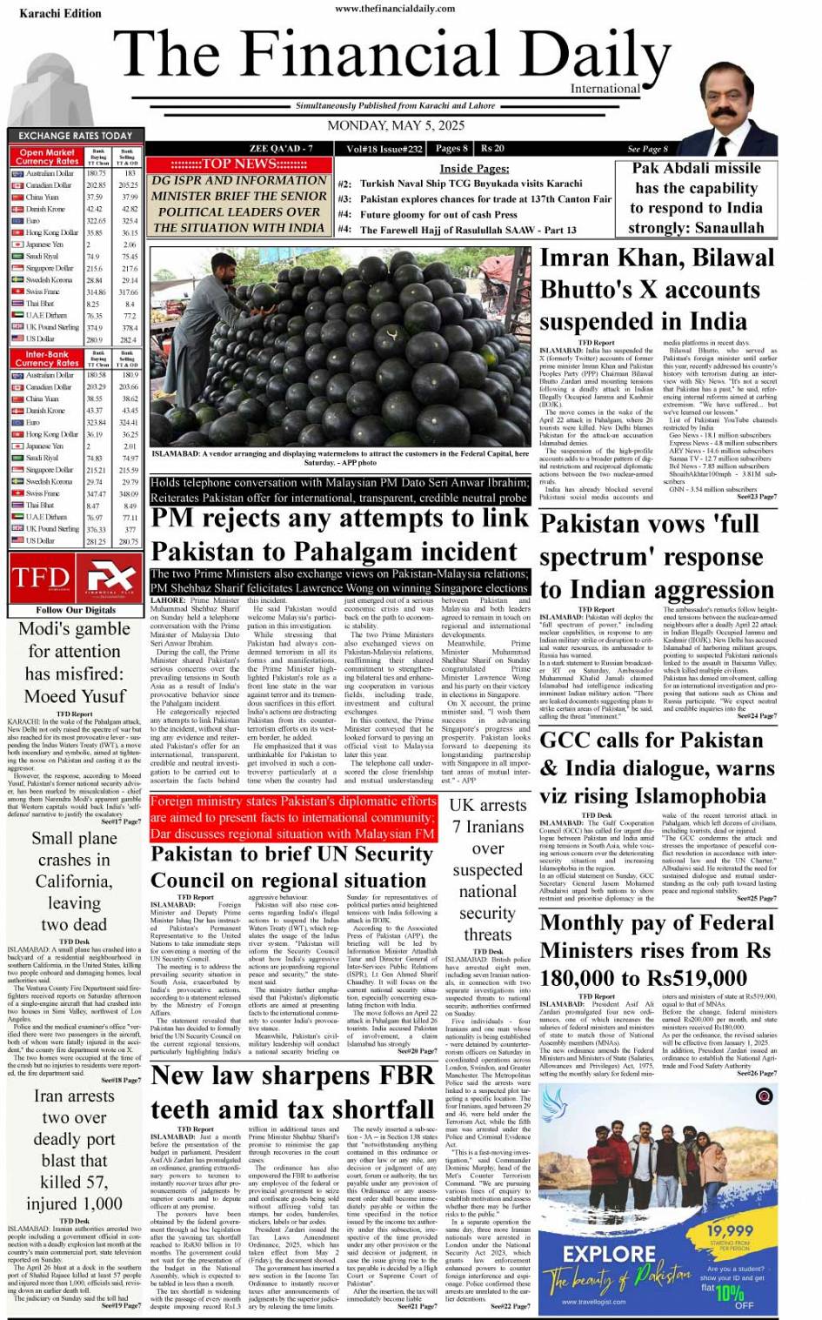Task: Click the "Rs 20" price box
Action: pos(493,148)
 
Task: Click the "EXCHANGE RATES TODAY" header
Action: pos(75,136)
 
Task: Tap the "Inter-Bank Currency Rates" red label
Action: pos(46,358)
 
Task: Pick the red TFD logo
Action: pos(40,578)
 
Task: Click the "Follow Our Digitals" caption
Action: pos(75,610)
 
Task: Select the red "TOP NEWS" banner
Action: pos(238,164)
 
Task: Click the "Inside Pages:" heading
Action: pos(474,168)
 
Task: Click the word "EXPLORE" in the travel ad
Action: pos(609,1254)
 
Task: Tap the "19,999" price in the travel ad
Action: pos(729,1230)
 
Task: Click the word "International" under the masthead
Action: pos(605,89)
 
